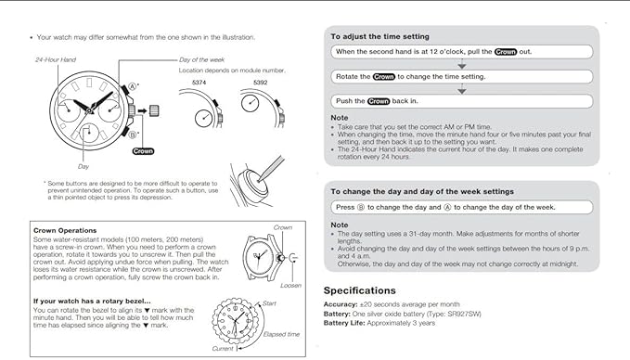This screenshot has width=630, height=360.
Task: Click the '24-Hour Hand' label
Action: (56, 60)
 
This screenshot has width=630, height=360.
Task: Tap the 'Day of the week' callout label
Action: (201, 60)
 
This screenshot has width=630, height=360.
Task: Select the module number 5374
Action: (199, 83)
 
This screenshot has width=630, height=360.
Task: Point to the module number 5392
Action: (261, 83)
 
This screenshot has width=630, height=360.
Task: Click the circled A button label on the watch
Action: (132, 87)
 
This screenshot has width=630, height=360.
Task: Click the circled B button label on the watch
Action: (132, 135)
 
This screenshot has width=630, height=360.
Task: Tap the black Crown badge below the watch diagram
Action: (143, 151)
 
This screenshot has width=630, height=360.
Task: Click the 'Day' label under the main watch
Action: (84, 166)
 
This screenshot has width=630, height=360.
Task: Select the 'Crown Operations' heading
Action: (65, 231)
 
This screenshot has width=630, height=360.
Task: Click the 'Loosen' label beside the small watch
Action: (290, 286)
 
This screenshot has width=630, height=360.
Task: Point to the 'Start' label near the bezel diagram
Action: (269, 303)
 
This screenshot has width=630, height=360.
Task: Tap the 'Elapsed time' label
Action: (281, 334)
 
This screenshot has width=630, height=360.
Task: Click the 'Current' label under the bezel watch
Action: (223, 349)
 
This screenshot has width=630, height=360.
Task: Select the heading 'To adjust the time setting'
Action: (380, 36)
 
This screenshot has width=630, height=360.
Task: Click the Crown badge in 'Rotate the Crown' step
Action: (384, 77)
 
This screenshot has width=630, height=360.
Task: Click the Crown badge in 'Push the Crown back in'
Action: (379, 101)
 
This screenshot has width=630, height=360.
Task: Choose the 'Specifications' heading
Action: (360, 290)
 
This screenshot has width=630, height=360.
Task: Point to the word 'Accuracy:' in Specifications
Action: (341, 304)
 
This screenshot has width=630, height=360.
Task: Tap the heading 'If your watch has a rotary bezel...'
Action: (92, 302)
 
